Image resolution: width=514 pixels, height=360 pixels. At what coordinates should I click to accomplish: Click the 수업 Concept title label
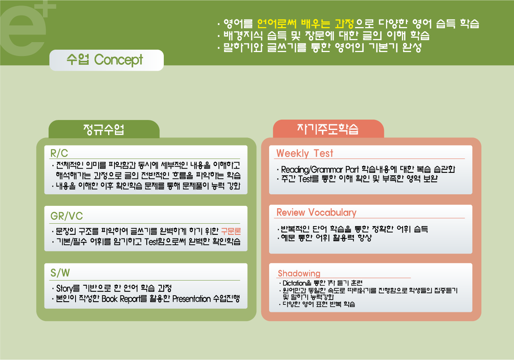click(x=105, y=60)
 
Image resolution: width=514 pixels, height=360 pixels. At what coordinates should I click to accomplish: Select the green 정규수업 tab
click(x=104, y=129)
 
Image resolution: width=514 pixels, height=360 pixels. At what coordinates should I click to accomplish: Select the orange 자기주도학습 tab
click(x=328, y=129)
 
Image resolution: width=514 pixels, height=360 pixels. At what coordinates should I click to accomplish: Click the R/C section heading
click(x=59, y=153)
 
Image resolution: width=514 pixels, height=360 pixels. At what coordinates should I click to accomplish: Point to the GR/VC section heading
click(x=66, y=216)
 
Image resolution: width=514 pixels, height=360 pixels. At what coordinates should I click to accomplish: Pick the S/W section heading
click(x=60, y=273)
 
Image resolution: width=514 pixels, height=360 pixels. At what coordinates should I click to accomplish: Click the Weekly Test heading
click(x=305, y=153)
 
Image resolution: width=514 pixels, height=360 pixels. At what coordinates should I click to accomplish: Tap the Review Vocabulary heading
click(x=316, y=212)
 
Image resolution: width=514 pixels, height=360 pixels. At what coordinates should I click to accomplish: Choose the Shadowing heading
click(x=299, y=273)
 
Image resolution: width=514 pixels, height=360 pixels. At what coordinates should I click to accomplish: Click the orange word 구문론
click(x=231, y=231)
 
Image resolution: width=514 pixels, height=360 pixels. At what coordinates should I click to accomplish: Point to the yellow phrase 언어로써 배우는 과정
click(x=305, y=23)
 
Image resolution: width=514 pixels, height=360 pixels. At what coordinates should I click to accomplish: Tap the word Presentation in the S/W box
click(x=191, y=299)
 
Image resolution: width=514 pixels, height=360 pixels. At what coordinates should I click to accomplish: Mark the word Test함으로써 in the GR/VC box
click(x=165, y=242)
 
